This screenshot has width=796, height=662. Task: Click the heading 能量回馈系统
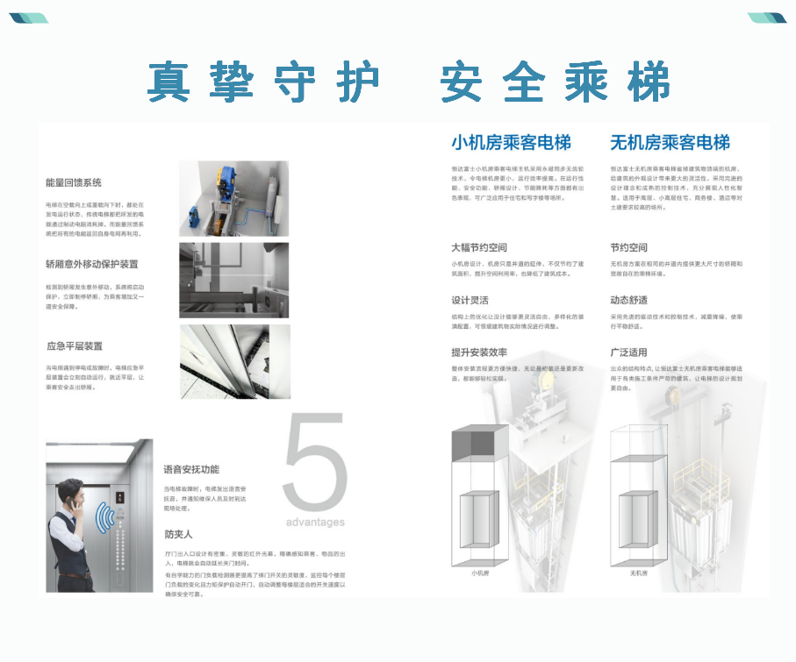(74, 182)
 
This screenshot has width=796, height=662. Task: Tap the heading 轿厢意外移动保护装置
(91, 264)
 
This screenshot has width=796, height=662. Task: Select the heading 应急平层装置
(74, 345)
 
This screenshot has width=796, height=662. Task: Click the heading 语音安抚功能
(190, 469)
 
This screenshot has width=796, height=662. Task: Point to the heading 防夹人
(177, 533)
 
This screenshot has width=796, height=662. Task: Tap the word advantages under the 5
(315, 523)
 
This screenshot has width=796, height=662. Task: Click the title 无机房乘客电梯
(670, 142)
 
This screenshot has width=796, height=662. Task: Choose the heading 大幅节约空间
(478, 247)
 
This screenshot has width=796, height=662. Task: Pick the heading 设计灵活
(470, 300)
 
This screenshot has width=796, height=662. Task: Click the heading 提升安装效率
(478, 352)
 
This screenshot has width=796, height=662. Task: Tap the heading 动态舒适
(628, 300)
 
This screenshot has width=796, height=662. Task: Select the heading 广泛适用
(628, 352)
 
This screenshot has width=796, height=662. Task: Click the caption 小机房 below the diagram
(479, 573)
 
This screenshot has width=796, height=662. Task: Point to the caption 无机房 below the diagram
(638, 573)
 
